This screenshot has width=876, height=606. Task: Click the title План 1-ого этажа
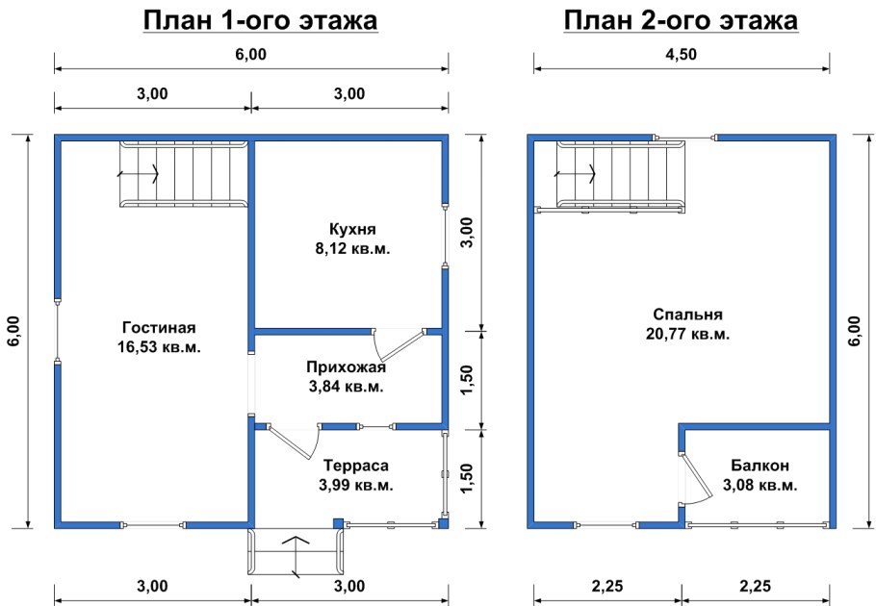[259, 21]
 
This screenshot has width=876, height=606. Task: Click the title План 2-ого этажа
[682, 21]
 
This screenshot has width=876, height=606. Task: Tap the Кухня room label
[351, 230]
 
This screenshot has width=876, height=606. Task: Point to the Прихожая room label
[346, 367]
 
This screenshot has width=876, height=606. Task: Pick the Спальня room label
[687, 315]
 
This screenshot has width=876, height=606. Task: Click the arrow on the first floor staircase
[139, 174]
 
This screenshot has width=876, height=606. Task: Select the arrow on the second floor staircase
[576, 174]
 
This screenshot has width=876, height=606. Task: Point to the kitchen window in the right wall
[445, 236]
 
